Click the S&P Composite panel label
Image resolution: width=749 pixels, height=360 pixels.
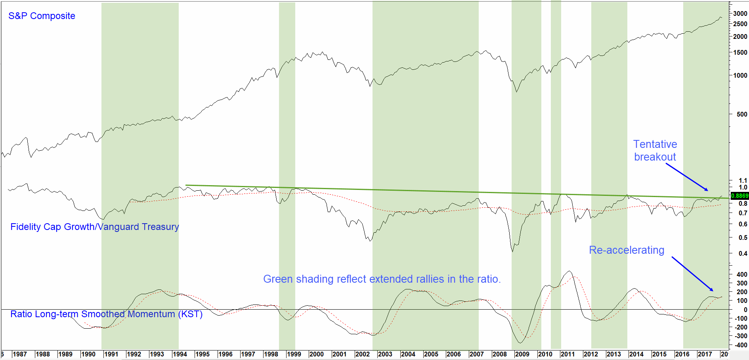[42, 16]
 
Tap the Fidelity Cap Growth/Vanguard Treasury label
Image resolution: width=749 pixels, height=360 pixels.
[94, 227]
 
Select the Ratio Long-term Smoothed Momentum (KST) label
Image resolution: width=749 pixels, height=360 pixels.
[106, 314]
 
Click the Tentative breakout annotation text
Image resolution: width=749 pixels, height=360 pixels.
[655, 151]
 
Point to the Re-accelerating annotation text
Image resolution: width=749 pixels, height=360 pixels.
[627, 250]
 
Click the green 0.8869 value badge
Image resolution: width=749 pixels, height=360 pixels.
[739, 196]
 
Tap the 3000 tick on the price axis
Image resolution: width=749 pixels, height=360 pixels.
[740, 13]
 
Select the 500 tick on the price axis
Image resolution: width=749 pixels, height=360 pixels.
[742, 114]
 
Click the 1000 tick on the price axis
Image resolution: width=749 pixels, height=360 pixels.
[740, 75]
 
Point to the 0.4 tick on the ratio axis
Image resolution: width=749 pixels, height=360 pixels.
[743, 253]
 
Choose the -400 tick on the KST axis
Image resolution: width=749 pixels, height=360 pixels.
[741, 345]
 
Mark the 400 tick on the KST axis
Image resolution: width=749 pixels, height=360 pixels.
[742, 274]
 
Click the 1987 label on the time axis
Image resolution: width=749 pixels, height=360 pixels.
[20, 354]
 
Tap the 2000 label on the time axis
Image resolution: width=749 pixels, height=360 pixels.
[316, 354]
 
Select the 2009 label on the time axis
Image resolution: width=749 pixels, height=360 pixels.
[522, 354]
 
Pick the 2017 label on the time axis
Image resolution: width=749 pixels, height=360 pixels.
[705, 354]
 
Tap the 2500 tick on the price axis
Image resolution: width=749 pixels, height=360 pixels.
[740, 24]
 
